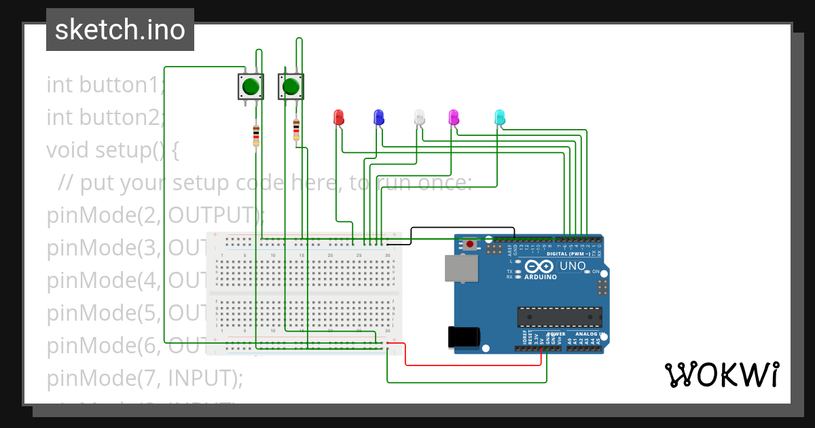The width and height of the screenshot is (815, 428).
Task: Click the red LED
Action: [339, 117]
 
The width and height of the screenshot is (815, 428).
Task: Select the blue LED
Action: [379, 117]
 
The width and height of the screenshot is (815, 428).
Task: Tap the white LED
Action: [419, 117]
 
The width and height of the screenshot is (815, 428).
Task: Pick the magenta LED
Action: [454, 117]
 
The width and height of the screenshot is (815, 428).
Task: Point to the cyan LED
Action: [500, 117]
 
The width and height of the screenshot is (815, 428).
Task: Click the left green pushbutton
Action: [251, 87]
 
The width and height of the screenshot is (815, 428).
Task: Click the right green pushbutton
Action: [291, 87]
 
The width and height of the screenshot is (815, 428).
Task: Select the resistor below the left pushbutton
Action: [255, 134]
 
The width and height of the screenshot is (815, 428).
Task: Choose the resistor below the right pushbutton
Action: [296, 129]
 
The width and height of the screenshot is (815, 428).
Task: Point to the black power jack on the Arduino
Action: [464, 337]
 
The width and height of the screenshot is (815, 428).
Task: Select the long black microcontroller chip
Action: [559, 317]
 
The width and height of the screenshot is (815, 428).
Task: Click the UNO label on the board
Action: [572, 266]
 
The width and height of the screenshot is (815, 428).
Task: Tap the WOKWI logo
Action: [721, 374]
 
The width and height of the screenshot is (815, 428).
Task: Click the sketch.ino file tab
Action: [120, 30]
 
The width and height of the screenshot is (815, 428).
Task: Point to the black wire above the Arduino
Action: [462, 228]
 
